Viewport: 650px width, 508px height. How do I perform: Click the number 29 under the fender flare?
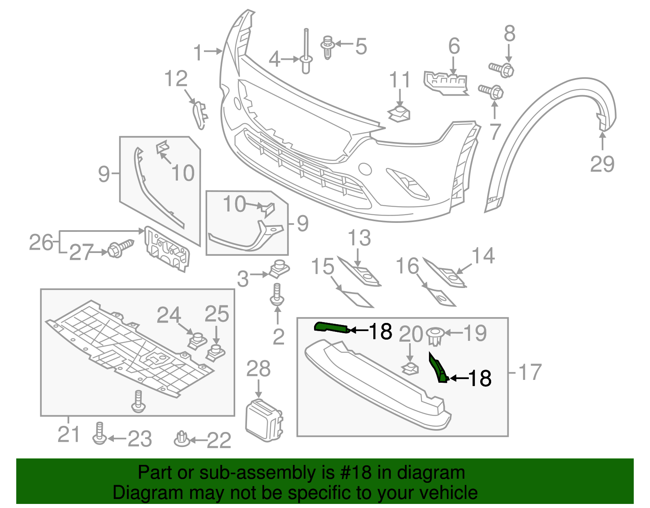[602, 164]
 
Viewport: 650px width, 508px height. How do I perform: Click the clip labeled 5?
[327, 47]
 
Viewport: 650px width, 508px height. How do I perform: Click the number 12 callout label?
[176, 79]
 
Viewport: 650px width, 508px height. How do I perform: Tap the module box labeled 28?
[264, 419]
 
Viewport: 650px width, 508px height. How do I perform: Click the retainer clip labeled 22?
[182, 439]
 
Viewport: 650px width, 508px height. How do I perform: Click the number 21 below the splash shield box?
[69, 434]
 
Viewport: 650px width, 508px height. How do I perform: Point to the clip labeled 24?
[197, 340]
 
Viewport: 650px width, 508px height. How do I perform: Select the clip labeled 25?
[215, 353]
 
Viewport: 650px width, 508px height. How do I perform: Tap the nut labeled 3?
[279, 268]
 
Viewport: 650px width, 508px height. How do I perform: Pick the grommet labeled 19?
[435, 336]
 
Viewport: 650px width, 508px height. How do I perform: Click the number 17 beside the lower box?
[530, 372]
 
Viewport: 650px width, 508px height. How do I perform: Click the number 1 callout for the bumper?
[198, 52]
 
